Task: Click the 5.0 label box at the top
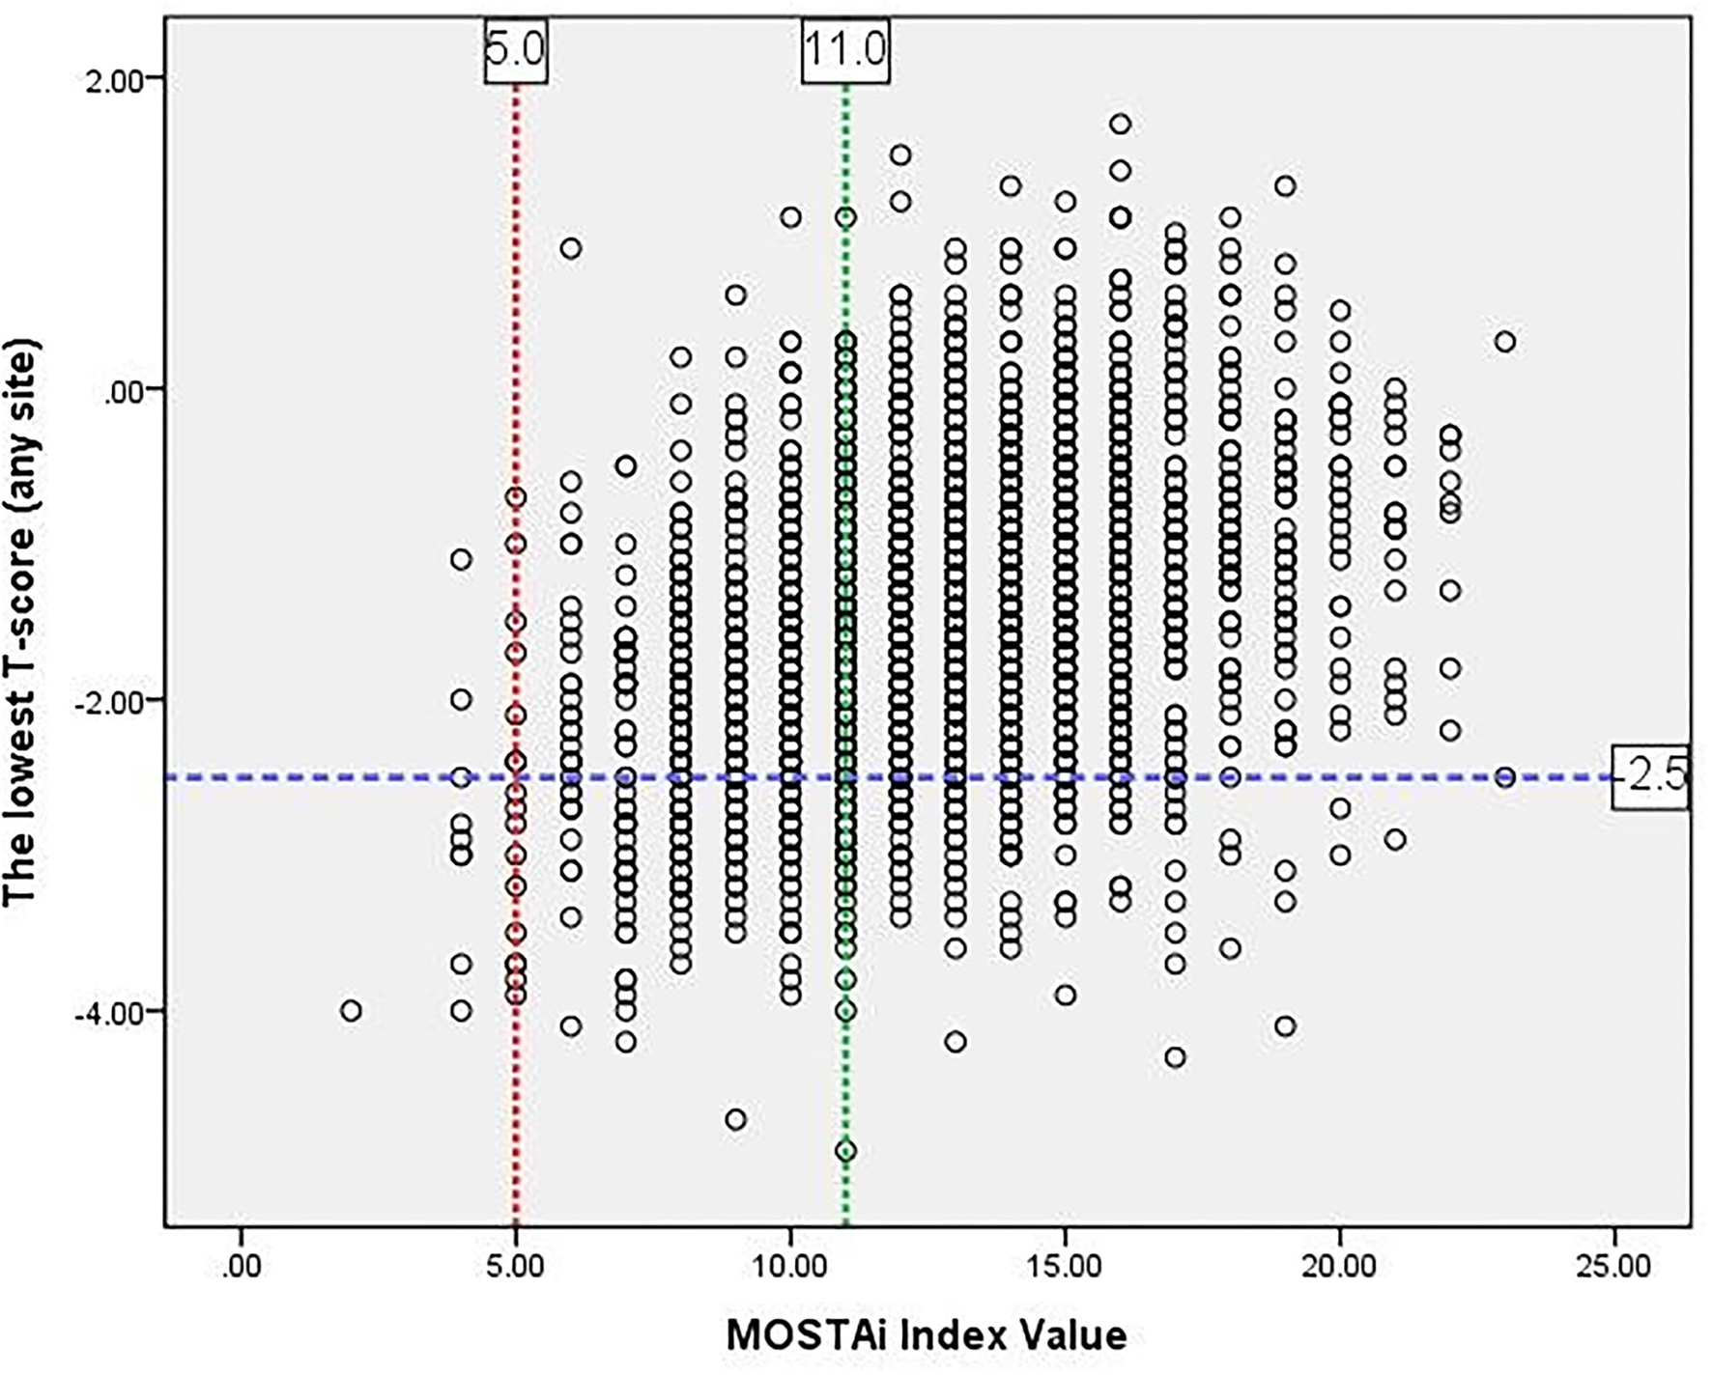point(516,49)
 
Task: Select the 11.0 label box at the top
point(845,49)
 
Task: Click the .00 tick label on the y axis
point(124,389)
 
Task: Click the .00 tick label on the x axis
point(241,1265)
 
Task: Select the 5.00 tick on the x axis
point(516,1265)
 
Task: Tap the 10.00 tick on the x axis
point(790,1265)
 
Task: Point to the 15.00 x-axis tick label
point(1065,1265)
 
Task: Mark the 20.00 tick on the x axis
point(1340,1265)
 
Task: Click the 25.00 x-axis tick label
point(1614,1265)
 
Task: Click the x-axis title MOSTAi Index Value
point(927,1335)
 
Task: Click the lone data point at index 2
point(351,1011)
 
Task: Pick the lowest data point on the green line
point(845,1151)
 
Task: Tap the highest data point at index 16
point(1120,124)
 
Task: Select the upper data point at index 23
point(1504,342)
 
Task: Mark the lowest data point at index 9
point(735,1120)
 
